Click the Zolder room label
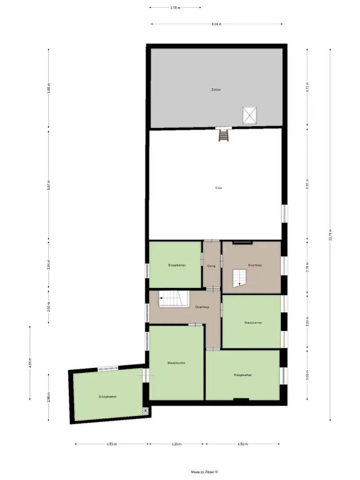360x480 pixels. coord(216,90)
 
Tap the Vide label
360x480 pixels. coord(218,188)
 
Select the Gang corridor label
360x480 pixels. coord(211,266)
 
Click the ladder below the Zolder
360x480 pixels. coord(224,135)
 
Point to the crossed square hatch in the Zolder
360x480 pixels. coord(249,116)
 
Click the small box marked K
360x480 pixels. coord(145,411)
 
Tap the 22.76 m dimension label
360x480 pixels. coord(330,235)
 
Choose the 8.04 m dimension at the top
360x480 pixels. coord(216,24)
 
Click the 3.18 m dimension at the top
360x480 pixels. coord(175,8)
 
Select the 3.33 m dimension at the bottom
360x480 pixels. coord(177,444)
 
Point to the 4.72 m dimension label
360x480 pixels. coord(307,88)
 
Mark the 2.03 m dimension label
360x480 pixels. coord(48,307)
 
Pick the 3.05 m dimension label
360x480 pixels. coord(307,378)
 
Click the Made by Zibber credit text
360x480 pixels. coord(205,472)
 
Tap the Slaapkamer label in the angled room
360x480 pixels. coord(108,396)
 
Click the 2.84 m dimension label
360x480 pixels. coord(48,265)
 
